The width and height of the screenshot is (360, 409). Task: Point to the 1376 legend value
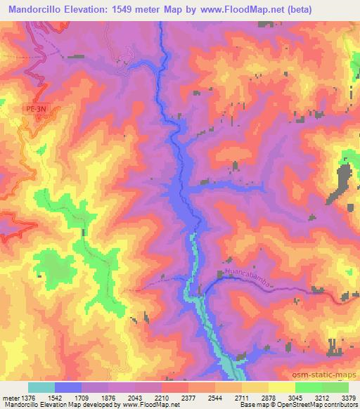click(x=22, y=397)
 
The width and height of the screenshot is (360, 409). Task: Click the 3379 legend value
click(x=347, y=397)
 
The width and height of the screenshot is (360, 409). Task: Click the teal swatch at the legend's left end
click(x=41, y=387)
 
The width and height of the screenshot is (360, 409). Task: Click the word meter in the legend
click(x=8, y=397)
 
